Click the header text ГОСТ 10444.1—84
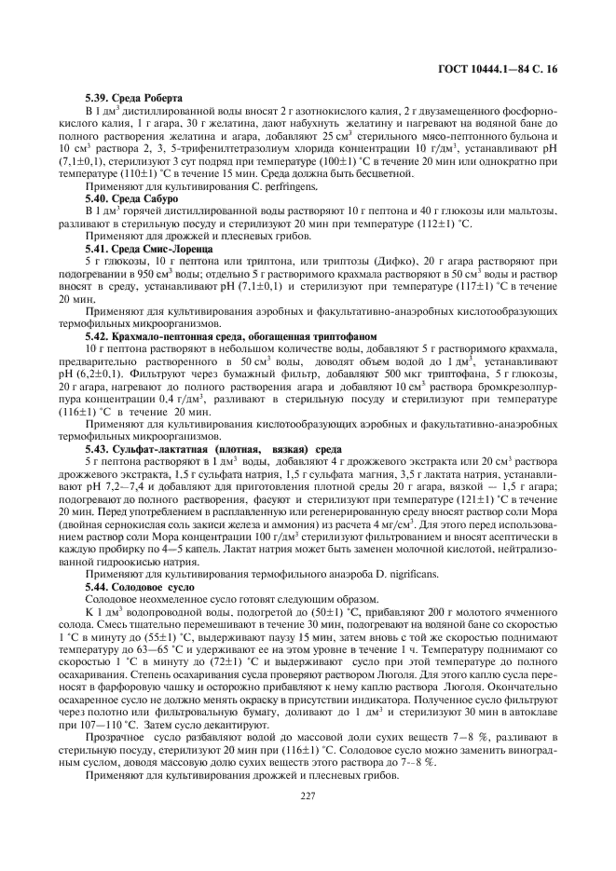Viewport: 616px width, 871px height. [x=507, y=69]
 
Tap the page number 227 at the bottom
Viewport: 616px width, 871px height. [x=308, y=820]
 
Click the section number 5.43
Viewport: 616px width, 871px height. [x=96, y=447]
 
